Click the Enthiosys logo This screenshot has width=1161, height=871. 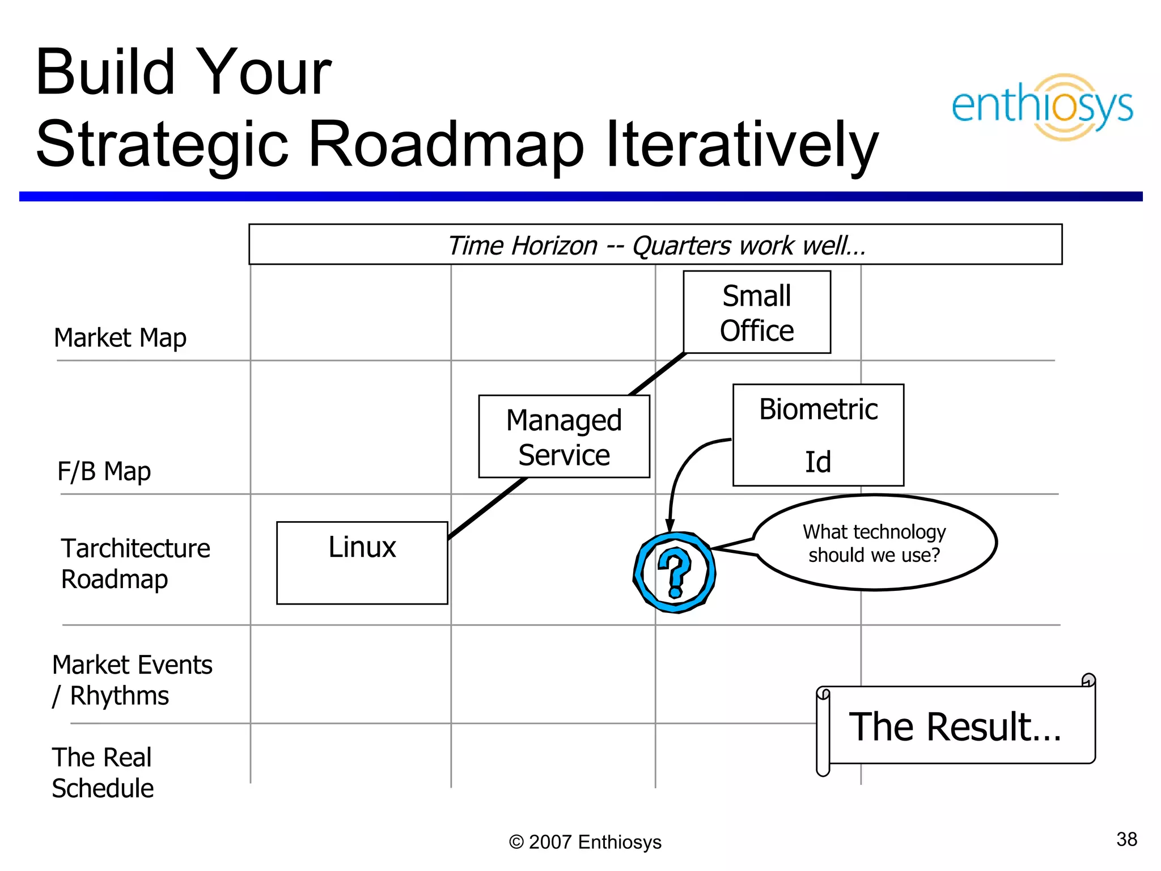click(1042, 107)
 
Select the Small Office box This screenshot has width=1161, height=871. click(756, 312)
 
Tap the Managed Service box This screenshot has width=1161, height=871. click(563, 437)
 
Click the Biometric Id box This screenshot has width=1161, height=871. click(817, 435)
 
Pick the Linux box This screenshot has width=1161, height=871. click(362, 563)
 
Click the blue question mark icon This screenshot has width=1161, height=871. click(674, 572)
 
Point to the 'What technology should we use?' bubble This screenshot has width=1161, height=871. click(874, 543)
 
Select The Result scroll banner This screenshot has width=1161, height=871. click(956, 726)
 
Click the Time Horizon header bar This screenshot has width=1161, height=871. click(655, 245)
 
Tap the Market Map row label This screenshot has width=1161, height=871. click(120, 338)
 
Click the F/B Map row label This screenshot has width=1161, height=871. click(104, 471)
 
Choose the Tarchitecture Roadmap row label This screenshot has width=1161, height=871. click(135, 564)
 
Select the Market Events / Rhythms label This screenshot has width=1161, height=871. click(132, 680)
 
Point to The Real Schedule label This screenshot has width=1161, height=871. click(103, 772)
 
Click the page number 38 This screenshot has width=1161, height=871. click(1126, 839)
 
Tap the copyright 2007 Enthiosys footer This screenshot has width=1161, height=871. click(585, 842)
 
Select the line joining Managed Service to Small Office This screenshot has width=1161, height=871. click(658, 374)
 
